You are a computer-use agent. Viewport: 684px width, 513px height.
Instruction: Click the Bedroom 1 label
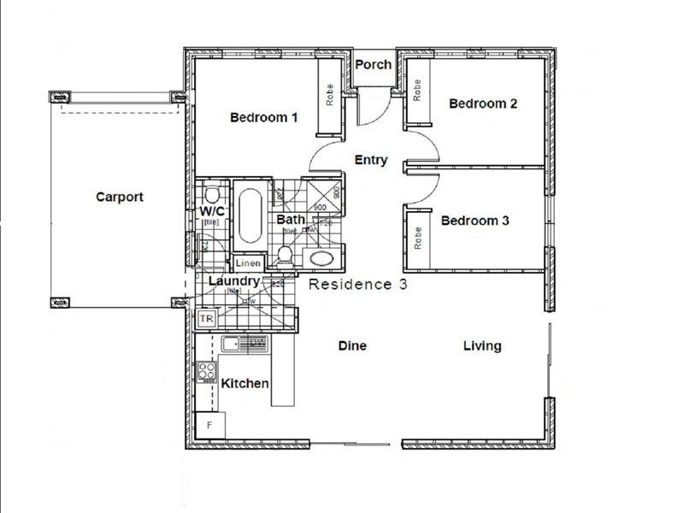(263, 117)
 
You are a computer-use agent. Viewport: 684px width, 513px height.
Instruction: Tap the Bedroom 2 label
(483, 103)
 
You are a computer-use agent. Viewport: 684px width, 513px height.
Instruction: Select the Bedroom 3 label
(475, 221)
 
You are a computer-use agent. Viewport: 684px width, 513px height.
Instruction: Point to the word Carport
(119, 197)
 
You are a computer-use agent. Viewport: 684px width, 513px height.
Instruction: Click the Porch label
(373, 64)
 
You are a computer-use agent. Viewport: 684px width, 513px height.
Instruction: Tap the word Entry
(371, 160)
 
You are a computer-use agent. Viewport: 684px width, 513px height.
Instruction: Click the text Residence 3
(357, 285)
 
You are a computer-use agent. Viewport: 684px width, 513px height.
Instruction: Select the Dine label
(352, 345)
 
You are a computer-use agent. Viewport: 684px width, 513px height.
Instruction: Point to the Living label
(482, 345)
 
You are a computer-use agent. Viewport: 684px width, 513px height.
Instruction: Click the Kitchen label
(245, 384)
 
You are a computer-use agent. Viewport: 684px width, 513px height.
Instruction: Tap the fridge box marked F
(209, 423)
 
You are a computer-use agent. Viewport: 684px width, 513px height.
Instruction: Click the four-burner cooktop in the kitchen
(207, 371)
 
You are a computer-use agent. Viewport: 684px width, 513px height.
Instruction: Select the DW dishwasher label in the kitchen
(256, 343)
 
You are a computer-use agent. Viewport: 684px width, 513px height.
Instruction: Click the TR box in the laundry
(206, 319)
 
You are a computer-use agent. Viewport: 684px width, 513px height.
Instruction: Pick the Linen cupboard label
(248, 264)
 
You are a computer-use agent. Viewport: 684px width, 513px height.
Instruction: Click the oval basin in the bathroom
(321, 258)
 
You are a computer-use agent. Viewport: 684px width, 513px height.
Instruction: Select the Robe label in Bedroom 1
(329, 96)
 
